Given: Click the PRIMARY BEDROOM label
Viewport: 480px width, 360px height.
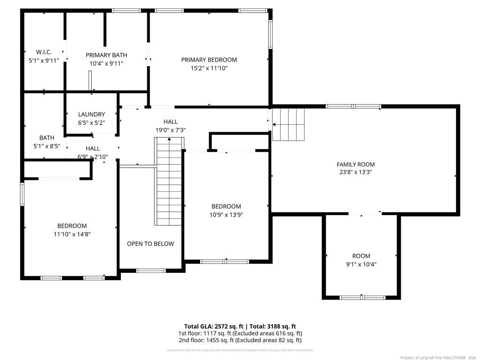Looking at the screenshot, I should point(209,60).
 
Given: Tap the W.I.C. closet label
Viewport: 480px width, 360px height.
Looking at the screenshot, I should point(44,52).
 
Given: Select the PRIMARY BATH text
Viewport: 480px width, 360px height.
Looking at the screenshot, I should point(106,55).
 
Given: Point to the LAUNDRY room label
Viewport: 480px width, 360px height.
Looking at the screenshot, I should point(91,114).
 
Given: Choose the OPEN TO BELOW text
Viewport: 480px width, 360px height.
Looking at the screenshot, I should point(150,244).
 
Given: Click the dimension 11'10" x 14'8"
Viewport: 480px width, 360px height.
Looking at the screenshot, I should point(72,234).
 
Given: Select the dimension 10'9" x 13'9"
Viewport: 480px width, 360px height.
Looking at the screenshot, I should point(226,215).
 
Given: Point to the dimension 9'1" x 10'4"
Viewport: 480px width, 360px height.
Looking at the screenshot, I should point(361,264).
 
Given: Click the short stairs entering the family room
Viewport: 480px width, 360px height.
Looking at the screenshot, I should point(288,124).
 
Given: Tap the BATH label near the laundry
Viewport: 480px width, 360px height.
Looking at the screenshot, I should point(46,138).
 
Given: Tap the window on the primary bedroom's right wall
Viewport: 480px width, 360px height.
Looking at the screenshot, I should point(270,34).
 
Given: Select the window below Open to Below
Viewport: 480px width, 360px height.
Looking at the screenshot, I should point(151,270).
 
